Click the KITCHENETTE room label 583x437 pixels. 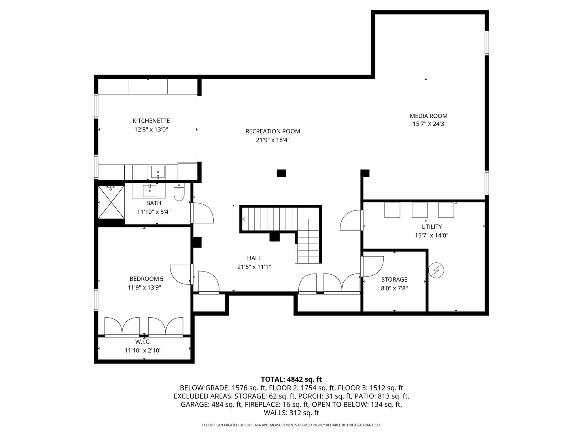tap(151, 121)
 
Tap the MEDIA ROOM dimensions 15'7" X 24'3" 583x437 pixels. tap(429, 124)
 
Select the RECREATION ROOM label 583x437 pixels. tap(272, 131)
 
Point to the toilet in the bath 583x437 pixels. tap(179, 192)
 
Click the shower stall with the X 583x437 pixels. tap(111, 202)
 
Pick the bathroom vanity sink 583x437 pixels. tap(149, 190)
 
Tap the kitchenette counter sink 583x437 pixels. tap(158, 172)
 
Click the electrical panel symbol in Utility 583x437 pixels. tap(436, 270)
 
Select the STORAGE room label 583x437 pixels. tap(394, 279)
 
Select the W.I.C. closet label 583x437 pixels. tap(143, 342)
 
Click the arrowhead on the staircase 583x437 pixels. tap(243, 219)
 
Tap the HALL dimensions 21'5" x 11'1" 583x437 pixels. tap(254, 267)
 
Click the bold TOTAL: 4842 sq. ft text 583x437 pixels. tap(291, 379)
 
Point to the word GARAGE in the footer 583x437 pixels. tap(195, 404)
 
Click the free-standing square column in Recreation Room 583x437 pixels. tap(281, 173)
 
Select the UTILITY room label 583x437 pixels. tap(432, 227)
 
